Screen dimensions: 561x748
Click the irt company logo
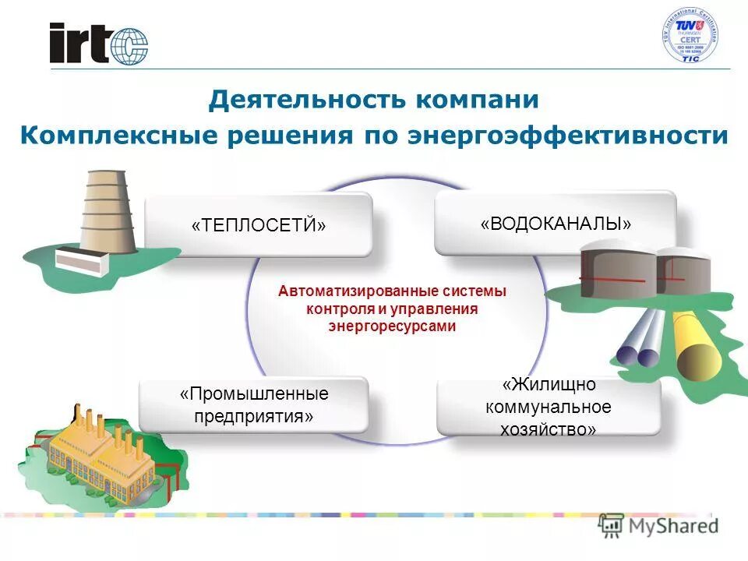[x=98, y=43]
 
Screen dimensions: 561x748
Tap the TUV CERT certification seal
[x=690, y=36]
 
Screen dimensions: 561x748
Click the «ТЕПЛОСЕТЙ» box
[x=259, y=224]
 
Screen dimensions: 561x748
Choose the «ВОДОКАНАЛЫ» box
[x=555, y=224]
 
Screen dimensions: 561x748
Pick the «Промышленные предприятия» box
[x=254, y=405]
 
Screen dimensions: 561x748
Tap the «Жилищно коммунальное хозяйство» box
[x=549, y=407]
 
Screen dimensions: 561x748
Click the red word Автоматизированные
[x=348, y=291]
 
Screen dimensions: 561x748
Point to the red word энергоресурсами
[x=392, y=326]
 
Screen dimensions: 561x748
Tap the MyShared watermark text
[x=673, y=525]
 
